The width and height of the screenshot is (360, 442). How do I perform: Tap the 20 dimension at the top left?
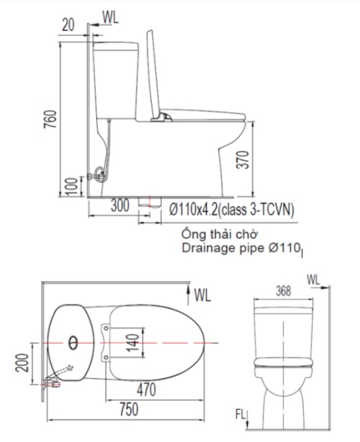click(x=68, y=24)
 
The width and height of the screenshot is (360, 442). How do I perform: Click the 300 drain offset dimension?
click(x=121, y=206)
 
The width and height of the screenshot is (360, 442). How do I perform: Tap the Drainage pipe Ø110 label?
click(x=239, y=249)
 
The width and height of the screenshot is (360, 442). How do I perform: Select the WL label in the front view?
click(x=313, y=278)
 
